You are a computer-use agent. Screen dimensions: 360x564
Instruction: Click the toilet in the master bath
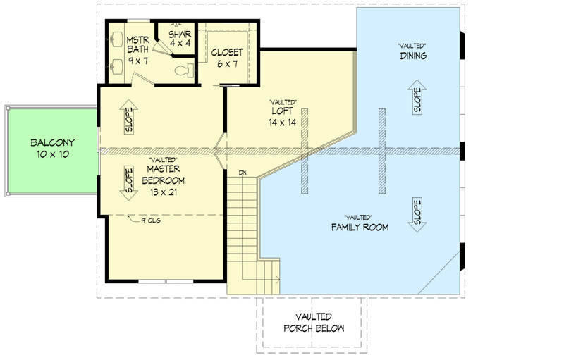tap(184, 70)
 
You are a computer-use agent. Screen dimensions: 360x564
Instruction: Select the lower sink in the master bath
tap(116, 65)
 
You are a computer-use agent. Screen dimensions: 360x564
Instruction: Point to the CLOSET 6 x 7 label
tap(227, 58)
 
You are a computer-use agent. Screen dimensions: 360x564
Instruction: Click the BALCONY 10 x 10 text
tap(53, 148)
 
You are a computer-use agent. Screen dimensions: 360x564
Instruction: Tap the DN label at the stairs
tap(242, 173)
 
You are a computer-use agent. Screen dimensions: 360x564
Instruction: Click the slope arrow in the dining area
tap(416, 101)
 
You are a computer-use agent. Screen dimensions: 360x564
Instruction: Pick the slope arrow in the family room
tap(416, 213)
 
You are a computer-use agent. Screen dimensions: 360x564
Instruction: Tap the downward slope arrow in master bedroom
tap(129, 182)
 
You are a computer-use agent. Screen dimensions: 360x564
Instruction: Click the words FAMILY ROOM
tap(360, 227)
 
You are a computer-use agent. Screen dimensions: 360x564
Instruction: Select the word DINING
tap(413, 56)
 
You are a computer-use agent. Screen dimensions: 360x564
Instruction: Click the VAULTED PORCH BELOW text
tap(314, 323)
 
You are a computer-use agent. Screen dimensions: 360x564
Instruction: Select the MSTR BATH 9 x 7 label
tap(137, 49)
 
